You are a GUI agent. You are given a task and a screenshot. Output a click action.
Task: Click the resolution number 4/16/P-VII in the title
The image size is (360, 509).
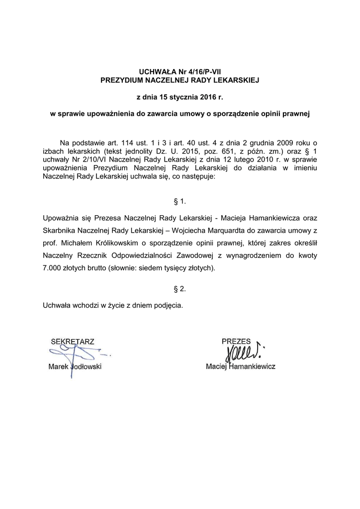(195, 71)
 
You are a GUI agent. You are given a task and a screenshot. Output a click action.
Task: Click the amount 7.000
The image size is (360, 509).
(54, 268)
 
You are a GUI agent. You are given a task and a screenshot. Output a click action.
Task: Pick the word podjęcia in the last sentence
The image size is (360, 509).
(167, 305)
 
